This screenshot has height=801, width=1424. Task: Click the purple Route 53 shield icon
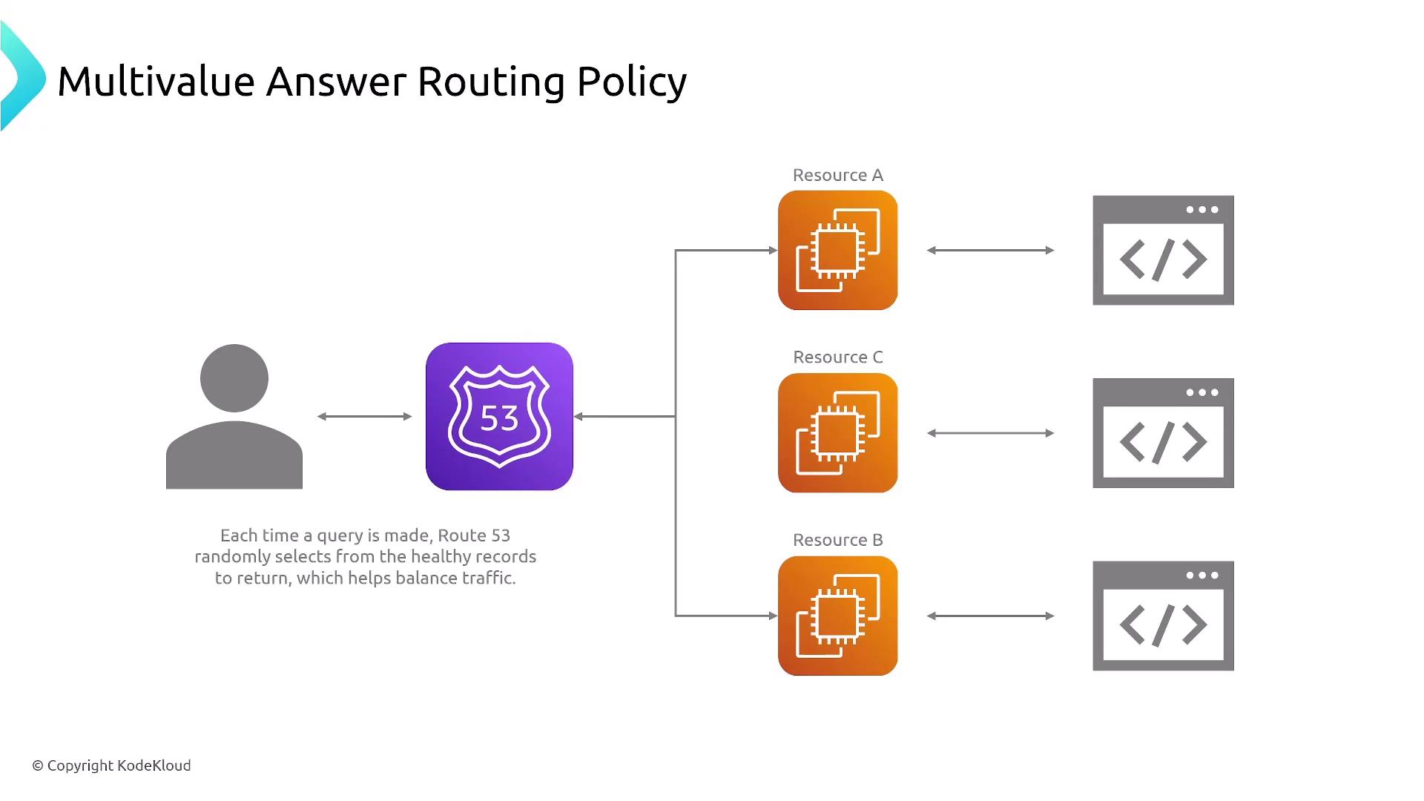[x=499, y=416]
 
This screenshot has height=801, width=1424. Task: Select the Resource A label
[x=837, y=176]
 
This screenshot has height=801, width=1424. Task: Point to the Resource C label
[x=837, y=357]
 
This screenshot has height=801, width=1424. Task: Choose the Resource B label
[x=837, y=540]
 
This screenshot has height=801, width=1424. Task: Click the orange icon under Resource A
[x=837, y=250]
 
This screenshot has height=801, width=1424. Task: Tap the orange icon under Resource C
[x=837, y=432]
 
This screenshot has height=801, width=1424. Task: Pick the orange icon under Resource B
[x=837, y=616]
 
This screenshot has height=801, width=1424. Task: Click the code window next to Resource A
[x=1163, y=250]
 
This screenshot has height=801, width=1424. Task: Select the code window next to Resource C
[x=1163, y=432]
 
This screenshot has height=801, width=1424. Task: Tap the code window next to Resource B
[x=1163, y=616]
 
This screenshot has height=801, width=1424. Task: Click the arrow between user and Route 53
[x=364, y=417]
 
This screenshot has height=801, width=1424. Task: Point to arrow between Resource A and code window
[x=990, y=251]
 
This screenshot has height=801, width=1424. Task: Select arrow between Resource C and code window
[x=990, y=433]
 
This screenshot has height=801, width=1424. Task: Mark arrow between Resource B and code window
[x=990, y=616]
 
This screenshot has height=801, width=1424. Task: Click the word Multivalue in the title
[x=156, y=81]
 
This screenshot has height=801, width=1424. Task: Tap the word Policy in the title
[x=631, y=82]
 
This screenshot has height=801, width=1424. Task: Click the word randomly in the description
[x=232, y=557]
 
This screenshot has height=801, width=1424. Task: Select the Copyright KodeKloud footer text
[x=112, y=765]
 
